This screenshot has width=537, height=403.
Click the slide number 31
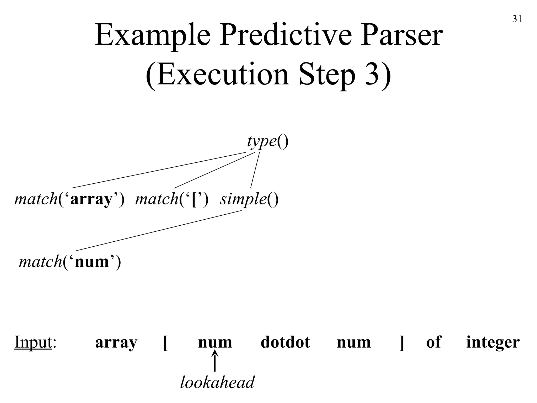(x=517, y=19)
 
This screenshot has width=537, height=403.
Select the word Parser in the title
(x=401, y=35)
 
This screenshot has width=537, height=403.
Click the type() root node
(x=267, y=142)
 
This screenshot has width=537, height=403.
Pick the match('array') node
(x=69, y=199)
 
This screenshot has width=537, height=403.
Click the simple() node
(x=249, y=199)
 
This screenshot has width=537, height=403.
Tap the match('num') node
(x=70, y=262)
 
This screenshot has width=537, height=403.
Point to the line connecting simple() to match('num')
(x=159, y=231)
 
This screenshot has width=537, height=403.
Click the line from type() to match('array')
(x=159, y=170)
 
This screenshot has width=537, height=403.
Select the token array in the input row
(x=116, y=342)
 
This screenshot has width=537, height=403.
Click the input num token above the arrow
(x=215, y=342)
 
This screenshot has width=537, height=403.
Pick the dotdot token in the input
(x=285, y=342)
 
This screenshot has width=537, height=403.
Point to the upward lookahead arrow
(x=215, y=362)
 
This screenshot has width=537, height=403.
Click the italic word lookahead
(x=217, y=382)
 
